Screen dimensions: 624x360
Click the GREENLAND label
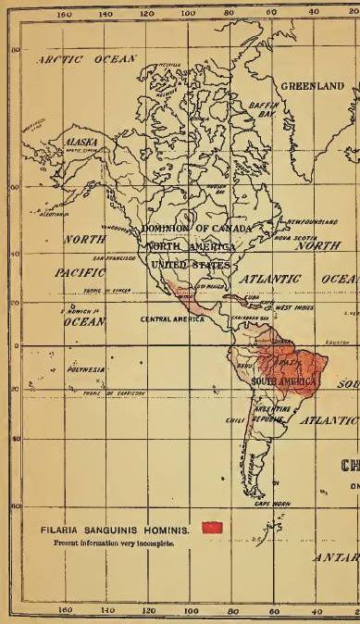pos(312,85)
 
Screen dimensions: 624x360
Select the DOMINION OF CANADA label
pos(195,229)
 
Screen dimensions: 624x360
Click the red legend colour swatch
pos(214,528)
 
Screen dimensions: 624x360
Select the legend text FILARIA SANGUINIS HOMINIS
pos(115,530)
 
